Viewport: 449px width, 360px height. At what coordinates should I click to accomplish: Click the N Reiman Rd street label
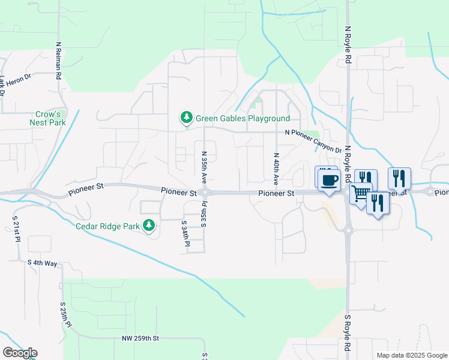tap(59, 61)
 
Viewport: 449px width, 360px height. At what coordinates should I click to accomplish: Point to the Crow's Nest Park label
tap(47, 118)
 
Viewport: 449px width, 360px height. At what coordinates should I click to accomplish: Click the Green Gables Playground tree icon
tap(187, 118)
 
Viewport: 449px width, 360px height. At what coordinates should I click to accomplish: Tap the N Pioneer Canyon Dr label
tap(313, 142)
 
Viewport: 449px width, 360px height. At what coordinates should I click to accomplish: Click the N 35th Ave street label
tap(204, 168)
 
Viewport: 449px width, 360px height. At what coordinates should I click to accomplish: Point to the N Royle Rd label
tap(347, 45)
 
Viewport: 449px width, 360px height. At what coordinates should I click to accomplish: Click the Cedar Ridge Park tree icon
tap(148, 226)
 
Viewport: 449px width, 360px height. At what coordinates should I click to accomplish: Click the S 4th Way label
tap(42, 263)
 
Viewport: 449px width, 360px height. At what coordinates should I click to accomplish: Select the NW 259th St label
tap(139, 338)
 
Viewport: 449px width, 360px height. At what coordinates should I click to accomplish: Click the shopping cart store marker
tap(361, 194)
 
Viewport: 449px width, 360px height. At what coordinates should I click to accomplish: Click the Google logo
tap(20, 352)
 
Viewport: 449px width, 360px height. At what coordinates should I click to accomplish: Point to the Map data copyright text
tap(412, 355)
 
